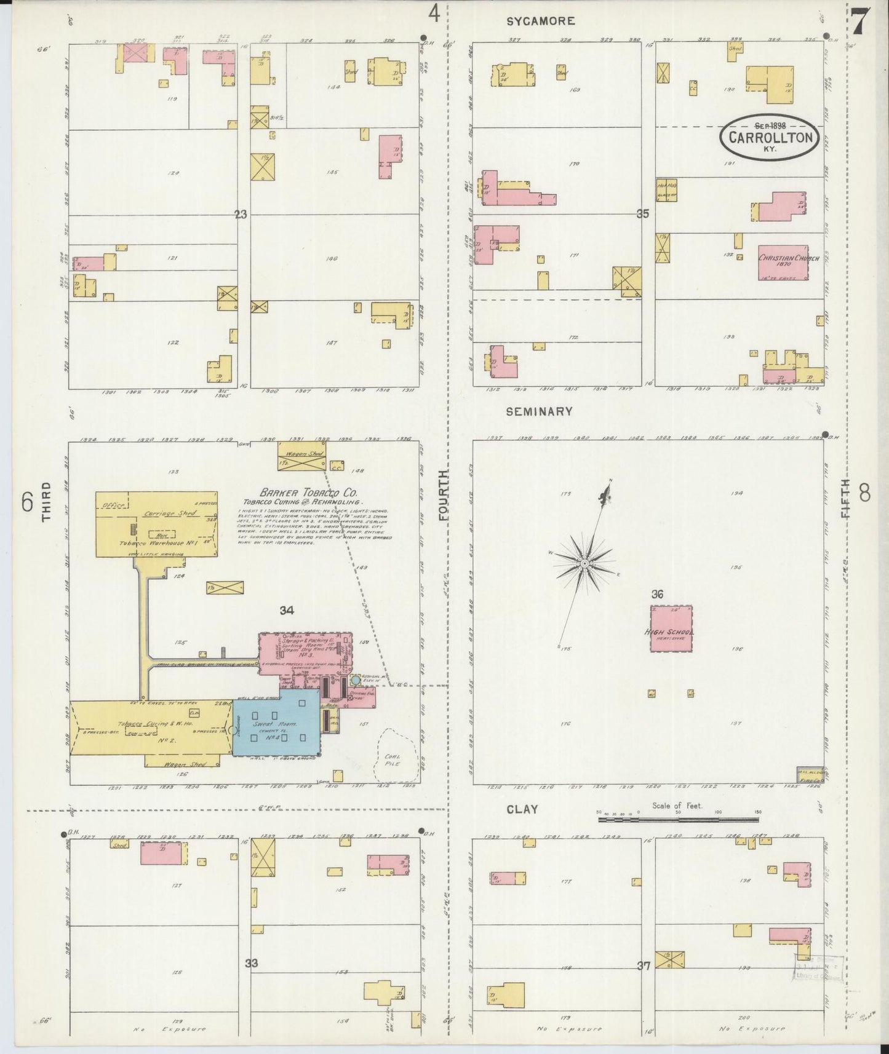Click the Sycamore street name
tap(540, 21)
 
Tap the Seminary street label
tap(539, 411)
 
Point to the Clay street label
tap(522, 809)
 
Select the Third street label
tap(47, 502)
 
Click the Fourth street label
tap(444, 496)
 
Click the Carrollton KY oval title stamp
tap(770, 138)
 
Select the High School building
tap(672, 628)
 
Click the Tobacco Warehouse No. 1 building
tap(156, 524)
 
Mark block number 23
tap(241, 215)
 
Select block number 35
tap(643, 215)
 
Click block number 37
tap(644, 966)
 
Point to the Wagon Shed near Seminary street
tap(301, 456)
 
